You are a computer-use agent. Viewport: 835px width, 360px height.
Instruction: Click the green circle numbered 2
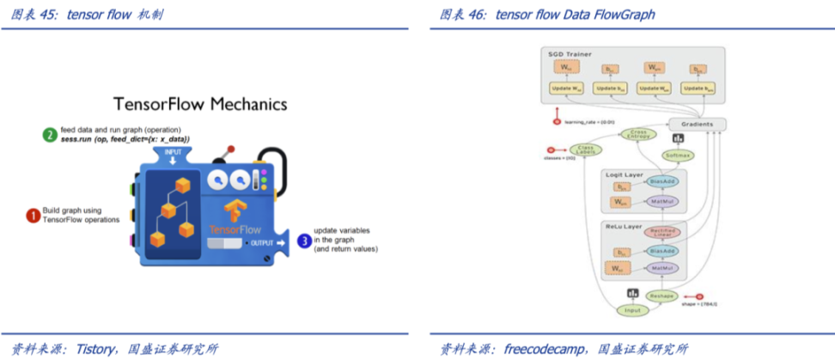(x=51, y=134)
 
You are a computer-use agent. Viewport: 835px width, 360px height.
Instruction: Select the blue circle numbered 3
(x=303, y=241)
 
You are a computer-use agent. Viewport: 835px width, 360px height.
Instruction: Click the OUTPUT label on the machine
(x=261, y=243)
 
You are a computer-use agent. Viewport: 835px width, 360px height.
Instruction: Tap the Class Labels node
(x=586, y=149)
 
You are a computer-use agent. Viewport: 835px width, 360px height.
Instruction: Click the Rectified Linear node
(x=661, y=232)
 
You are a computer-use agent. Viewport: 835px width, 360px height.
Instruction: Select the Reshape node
(x=661, y=295)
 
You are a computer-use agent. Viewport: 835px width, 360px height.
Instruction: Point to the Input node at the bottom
(x=631, y=310)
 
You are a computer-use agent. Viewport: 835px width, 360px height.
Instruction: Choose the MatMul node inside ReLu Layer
(x=661, y=269)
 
